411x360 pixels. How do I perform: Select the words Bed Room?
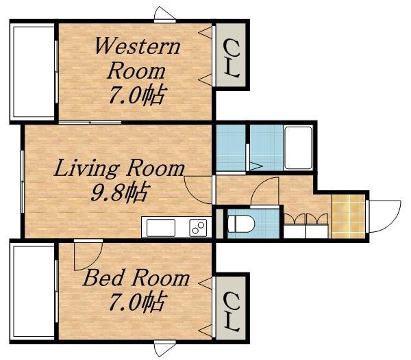tap(136, 278)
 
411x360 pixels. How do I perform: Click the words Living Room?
tap(119, 168)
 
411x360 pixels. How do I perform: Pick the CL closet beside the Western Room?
tap(231, 55)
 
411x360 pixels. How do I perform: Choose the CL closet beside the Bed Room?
tap(231, 308)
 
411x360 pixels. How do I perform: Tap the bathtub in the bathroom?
tap(298, 149)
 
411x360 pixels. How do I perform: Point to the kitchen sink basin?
tap(161, 228)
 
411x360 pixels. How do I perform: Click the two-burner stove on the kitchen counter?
tap(199, 228)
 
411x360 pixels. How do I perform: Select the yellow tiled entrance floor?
tap(349, 216)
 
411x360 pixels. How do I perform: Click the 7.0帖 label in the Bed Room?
tap(138, 301)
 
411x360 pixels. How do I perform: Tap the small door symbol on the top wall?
tap(164, 14)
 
